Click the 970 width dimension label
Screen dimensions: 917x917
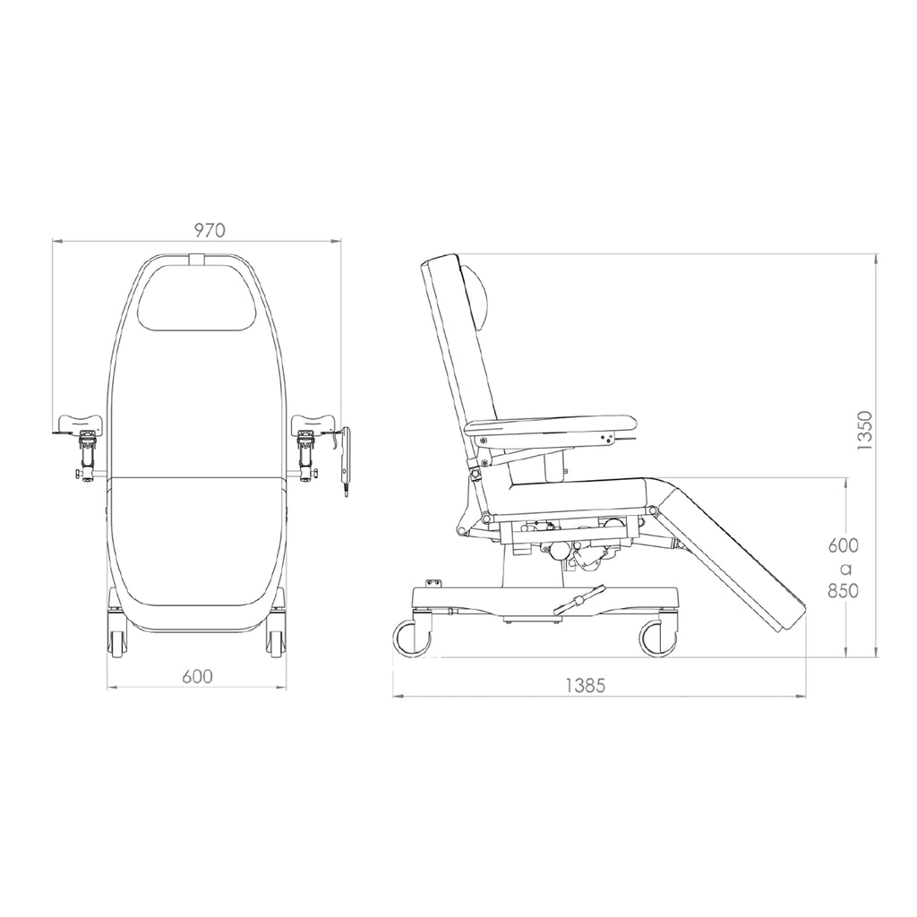(210, 230)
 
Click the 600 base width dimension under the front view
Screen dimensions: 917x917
(197, 677)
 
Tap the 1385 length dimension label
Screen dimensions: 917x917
(585, 685)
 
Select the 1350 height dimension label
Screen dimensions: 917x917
(865, 431)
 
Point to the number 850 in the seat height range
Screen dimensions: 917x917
(843, 591)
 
